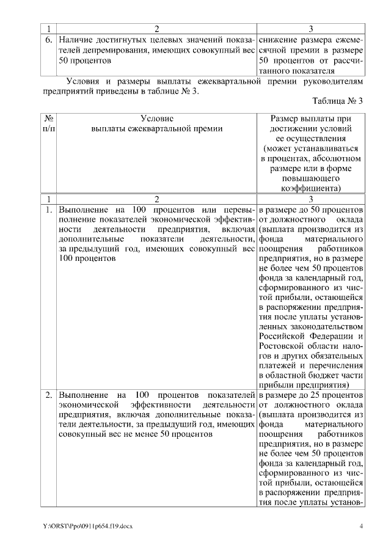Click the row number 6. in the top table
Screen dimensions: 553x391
click(x=48, y=39)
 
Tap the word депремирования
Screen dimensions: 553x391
click(x=111, y=50)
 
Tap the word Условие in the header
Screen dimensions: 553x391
click(x=156, y=117)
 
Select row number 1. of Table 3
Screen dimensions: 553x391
click(x=48, y=210)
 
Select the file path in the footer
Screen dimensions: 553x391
click(x=87, y=527)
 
